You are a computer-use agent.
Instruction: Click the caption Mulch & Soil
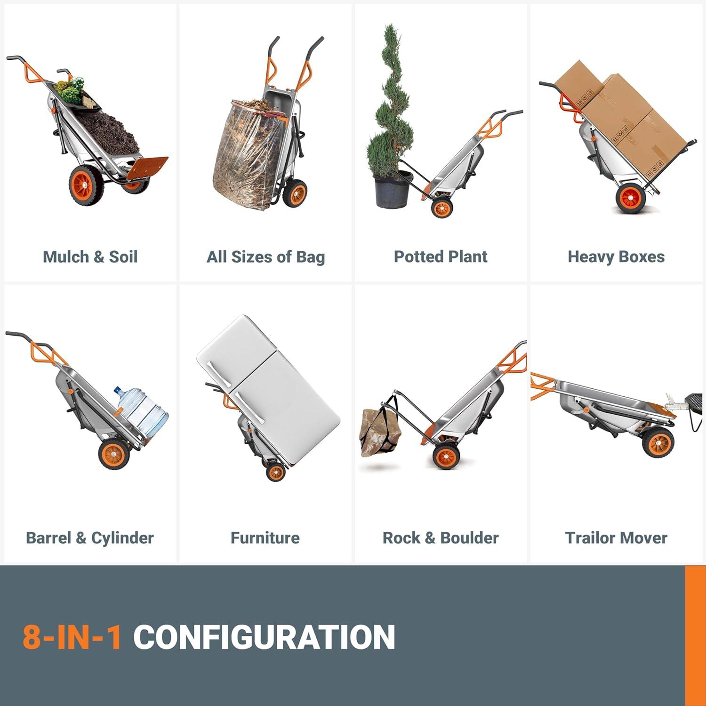click(90, 257)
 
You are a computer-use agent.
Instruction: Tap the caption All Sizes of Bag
click(265, 257)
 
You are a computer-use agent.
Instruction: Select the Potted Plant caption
click(441, 257)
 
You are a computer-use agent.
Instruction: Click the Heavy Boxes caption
click(616, 257)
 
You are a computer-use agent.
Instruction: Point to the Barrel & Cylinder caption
click(90, 538)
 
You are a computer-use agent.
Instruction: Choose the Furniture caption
click(265, 538)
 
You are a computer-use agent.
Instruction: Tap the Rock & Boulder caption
click(441, 538)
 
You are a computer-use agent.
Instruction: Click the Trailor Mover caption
click(616, 538)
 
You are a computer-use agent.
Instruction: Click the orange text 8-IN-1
click(72, 637)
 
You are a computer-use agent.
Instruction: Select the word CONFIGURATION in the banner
click(264, 637)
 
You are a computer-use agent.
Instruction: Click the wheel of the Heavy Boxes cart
click(631, 198)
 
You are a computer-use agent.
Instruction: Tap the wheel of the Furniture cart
click(275, 472)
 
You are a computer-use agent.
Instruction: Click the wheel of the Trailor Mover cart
click(658, 443)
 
